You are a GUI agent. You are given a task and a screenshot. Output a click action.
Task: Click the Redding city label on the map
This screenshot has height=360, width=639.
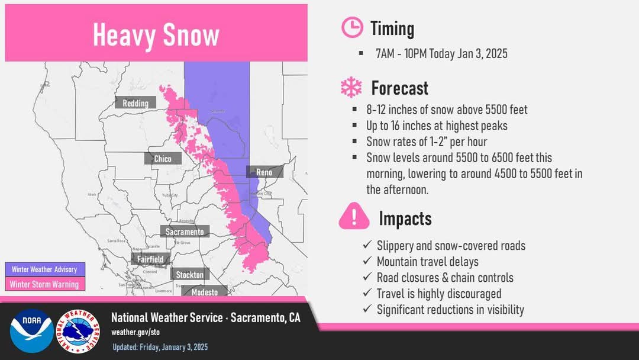pyautogui.click(x=135, y=103)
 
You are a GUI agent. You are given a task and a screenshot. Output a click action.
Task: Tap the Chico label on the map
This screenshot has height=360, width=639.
pyautogui.click(x=163, y=159)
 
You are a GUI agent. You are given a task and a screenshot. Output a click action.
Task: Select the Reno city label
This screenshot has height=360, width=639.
pyautogui.click(x=264, y=172)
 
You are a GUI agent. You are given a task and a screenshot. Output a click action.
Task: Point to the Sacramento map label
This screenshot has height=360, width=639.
pyautogui.click(x=184, y=232)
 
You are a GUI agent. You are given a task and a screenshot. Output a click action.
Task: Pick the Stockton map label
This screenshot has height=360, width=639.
pyautogui.click(x=189, y=275)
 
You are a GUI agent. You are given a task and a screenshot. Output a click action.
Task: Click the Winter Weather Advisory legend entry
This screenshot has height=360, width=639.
pyautogui.click(x=44, y=269)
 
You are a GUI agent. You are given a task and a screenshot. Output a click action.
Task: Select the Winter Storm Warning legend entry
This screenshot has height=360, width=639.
pyautogui.click(x=44, y=284)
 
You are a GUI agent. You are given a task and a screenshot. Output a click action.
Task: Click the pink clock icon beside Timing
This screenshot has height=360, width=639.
pyautogui.click(x=352, y=28)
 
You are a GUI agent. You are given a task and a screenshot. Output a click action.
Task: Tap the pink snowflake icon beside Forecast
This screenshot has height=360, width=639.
pyautogui.click(x=351, y=88)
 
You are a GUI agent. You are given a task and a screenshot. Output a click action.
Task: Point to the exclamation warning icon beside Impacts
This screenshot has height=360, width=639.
pyautogui.click(x=354, y=217)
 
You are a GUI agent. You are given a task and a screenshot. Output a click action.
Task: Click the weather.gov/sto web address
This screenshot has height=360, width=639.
pyautogui.click(x=135, y=332)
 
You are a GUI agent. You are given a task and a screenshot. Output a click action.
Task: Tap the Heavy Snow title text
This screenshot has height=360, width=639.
pyautogui.click(x=156, y=35)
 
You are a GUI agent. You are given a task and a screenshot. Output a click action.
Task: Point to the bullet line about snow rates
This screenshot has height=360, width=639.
pyautogui.click(x=427, y=142)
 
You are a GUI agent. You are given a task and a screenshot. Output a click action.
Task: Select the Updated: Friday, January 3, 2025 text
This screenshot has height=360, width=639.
pyautogui.click(x=160, y=347)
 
